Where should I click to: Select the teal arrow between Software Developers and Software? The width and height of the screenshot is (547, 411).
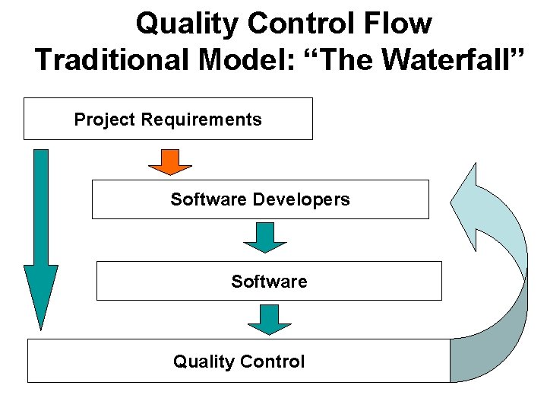[264, 237]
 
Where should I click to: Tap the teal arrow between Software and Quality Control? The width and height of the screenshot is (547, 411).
[269, 319]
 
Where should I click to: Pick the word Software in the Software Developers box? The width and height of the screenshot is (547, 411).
[208, 199]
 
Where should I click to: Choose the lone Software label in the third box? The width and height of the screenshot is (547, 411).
[269, 282]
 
